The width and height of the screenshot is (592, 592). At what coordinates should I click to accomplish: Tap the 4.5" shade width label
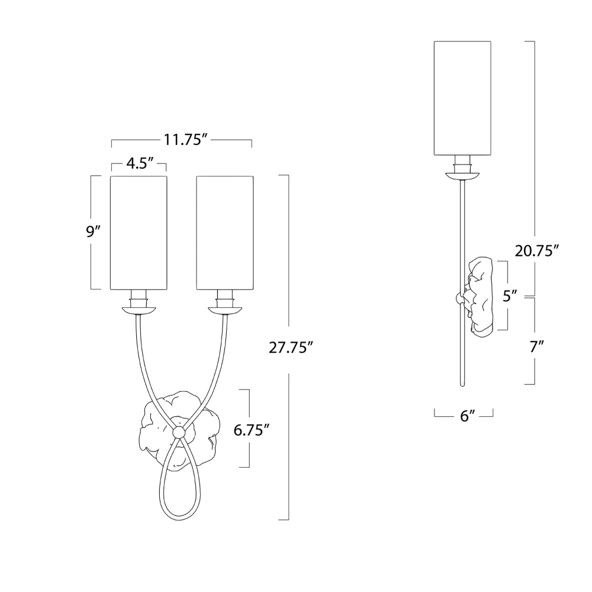click(139, 164)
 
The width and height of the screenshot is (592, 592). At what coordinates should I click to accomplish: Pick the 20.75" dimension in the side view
click(536, 250)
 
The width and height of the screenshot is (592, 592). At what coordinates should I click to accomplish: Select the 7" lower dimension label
click(535, 346)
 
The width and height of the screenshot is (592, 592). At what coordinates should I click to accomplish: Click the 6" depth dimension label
click(467, 416)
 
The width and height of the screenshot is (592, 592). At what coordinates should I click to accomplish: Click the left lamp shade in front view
click(139, 233)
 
